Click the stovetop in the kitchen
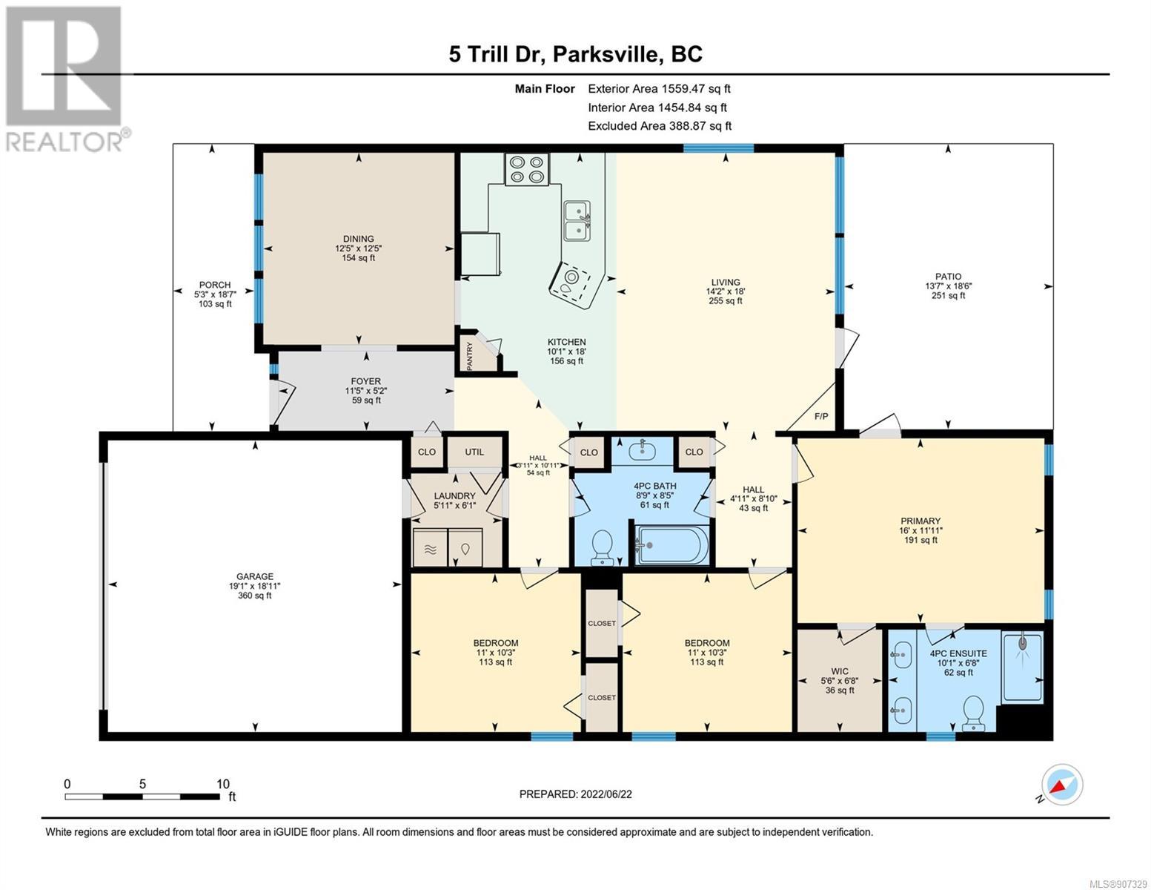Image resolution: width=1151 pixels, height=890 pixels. point(527,169)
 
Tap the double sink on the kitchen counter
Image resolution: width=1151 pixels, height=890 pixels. point(577,220)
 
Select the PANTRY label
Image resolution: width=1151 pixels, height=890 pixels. point(469,356)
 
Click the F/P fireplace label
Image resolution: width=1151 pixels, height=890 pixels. point(821,416)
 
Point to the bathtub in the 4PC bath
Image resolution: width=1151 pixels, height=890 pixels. point(671,545)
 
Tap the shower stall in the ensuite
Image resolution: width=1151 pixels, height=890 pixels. point(1023,667)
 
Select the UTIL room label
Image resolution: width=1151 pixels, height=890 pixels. point(474,452)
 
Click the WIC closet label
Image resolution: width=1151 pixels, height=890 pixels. point(840,672)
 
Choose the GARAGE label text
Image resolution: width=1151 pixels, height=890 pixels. point(255,576)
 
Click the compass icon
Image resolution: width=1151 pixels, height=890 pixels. point(1062,785)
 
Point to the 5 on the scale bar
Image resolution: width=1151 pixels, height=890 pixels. point(142,783)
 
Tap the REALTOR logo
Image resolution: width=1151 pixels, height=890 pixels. point(64,79)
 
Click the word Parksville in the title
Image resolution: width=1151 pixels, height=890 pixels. point(606,55)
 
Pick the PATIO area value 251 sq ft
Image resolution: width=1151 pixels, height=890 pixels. point(948,295)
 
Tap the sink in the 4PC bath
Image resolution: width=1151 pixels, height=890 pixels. point(642,451)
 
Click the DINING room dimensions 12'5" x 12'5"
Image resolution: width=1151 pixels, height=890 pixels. point(359,248)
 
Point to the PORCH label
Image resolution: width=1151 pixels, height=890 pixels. point(214,285)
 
